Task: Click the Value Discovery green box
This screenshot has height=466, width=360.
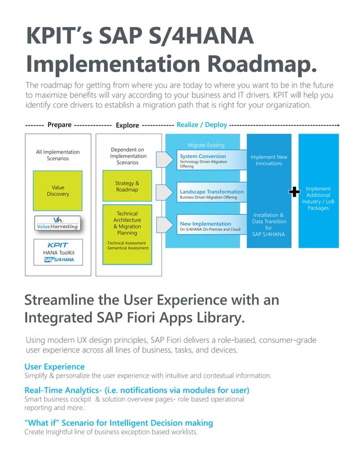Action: point(58,191)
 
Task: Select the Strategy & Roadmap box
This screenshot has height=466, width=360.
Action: point(127,187)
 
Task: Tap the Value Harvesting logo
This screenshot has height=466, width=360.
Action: point(58,223)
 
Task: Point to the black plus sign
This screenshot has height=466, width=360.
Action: point(293,192)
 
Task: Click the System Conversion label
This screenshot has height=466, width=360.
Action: point(202,156)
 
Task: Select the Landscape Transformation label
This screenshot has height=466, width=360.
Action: point(211,192)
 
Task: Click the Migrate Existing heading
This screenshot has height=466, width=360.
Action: point(205,145)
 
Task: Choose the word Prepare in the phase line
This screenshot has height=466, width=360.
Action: point(59,125)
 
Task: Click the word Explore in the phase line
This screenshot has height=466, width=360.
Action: point(127,125)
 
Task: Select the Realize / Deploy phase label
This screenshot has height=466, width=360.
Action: point(202,125)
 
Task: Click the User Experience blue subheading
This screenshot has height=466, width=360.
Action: point(54,367)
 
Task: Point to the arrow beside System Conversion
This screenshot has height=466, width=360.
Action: point(163,160)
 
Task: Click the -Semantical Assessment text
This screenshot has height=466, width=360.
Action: point(128,248)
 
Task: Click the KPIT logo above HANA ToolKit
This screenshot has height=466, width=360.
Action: point(58,244)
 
